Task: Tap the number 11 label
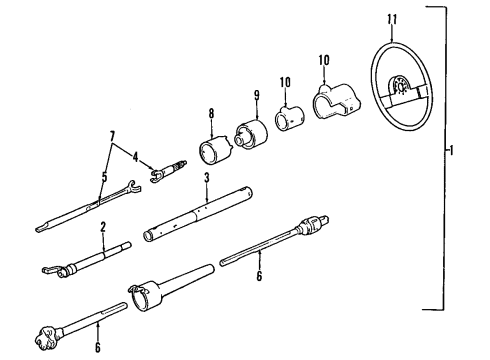tap(392, 17)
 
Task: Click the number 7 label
tap(110, 134)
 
